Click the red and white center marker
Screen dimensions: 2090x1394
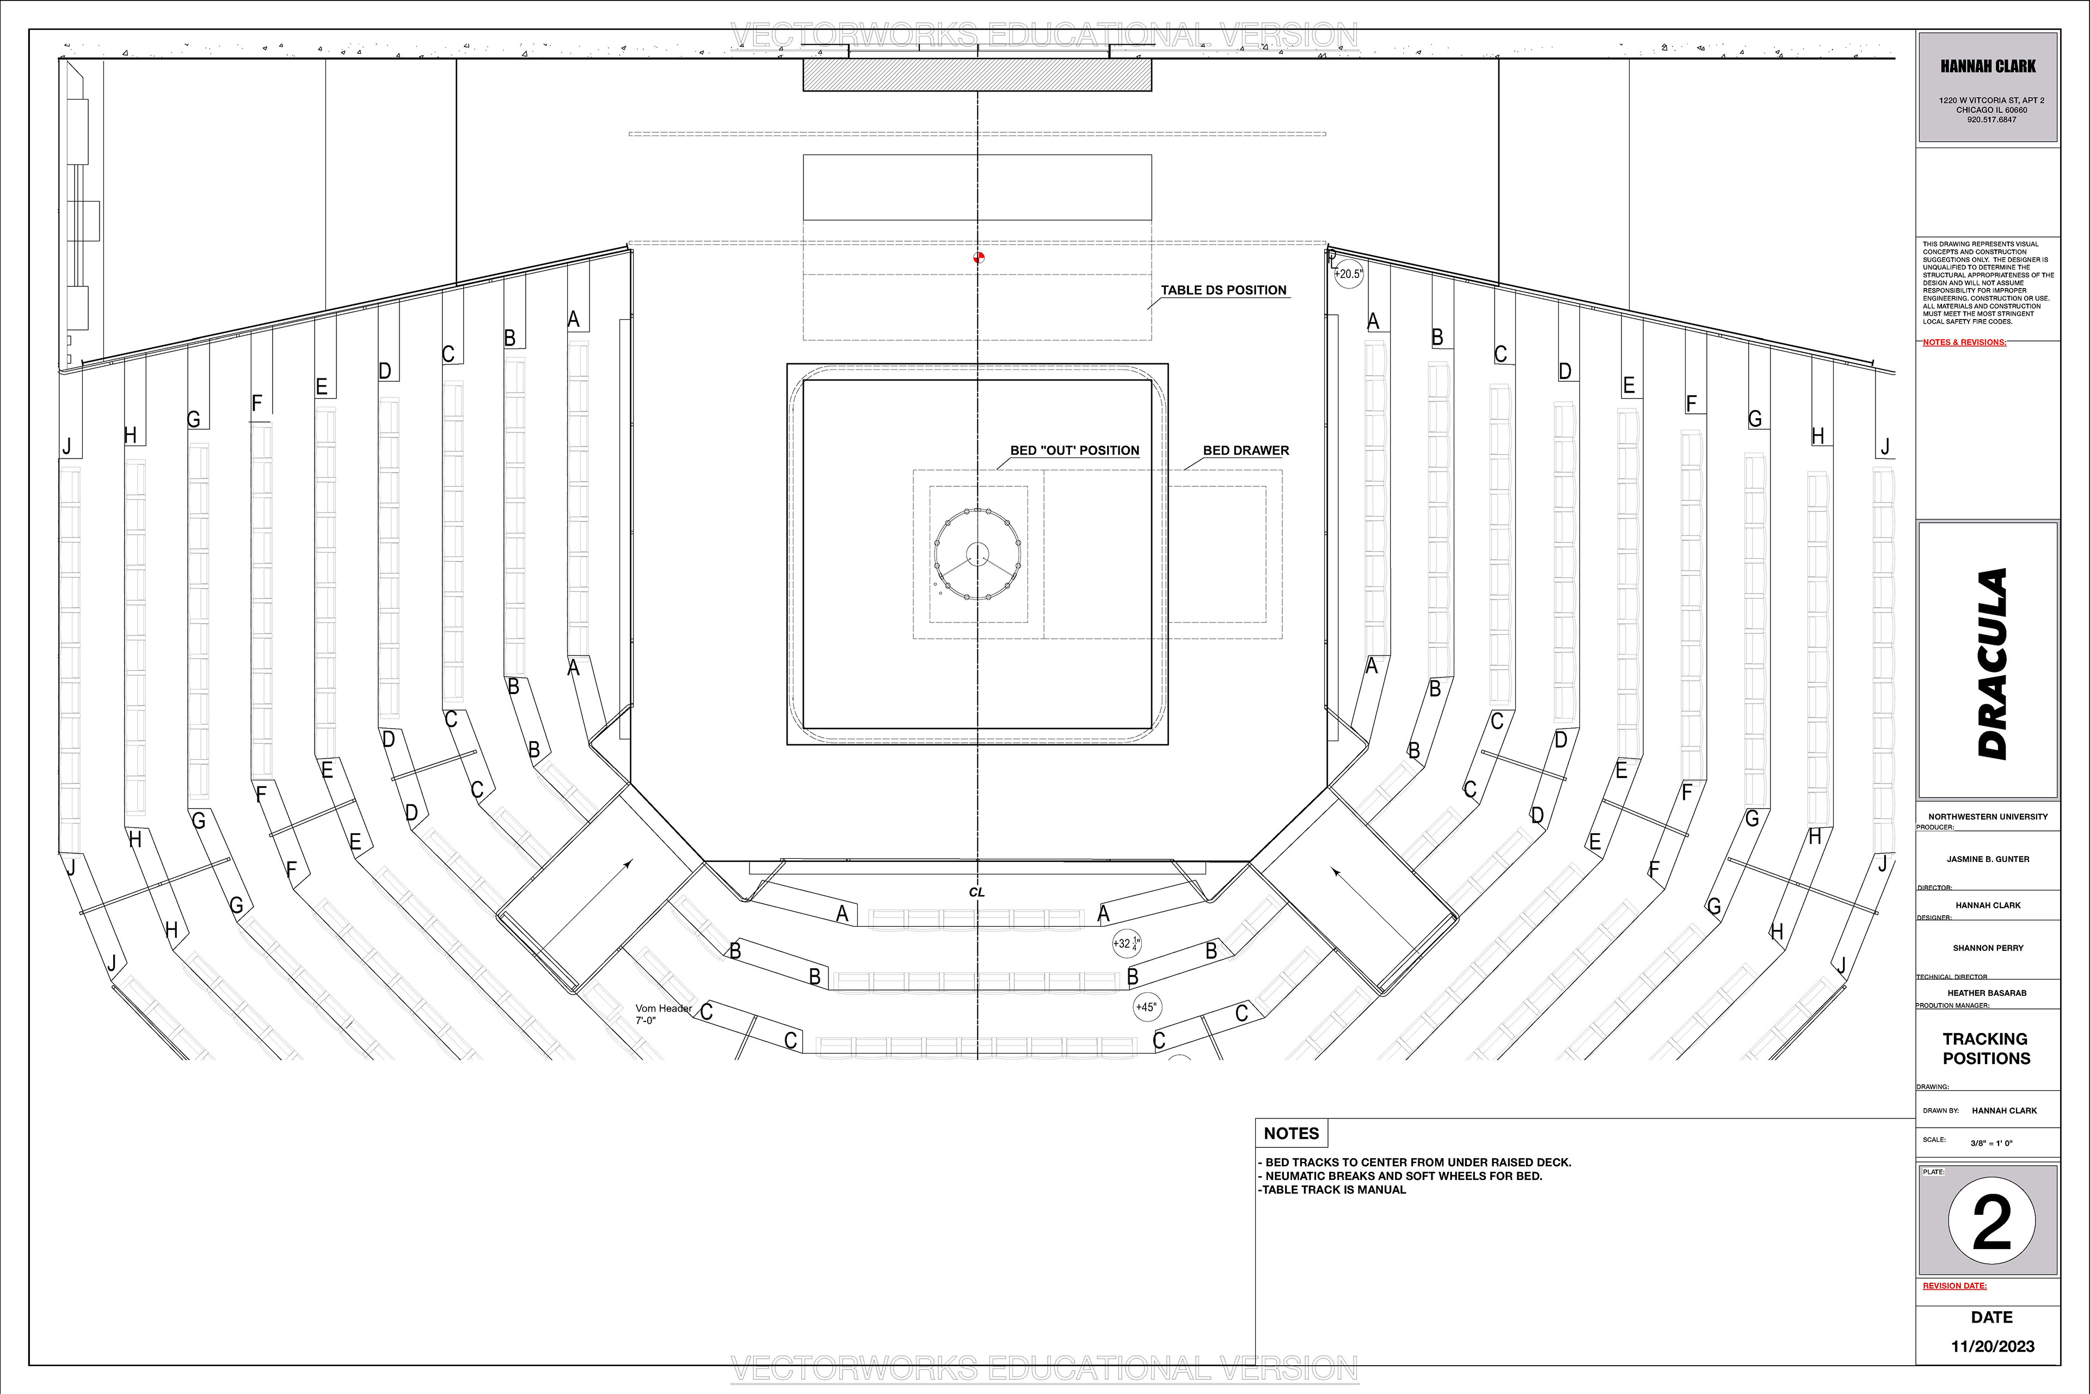coord(979,258)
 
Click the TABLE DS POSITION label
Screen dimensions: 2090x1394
coord(1223,290)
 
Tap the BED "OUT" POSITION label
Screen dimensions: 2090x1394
coord(1074,451)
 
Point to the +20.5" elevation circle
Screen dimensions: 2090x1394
coord(1349,274)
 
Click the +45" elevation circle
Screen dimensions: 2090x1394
coord(1146,1007)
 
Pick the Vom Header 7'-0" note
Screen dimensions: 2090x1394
coord(663,1014)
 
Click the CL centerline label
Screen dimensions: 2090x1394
coord(976,892)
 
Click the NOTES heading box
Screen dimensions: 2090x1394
coord(1291,1134)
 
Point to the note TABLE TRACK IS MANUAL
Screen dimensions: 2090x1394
coord(1333,1189)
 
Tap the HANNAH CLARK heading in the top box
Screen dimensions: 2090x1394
coord(1987,66)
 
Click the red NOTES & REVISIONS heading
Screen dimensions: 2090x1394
coord(1964,343)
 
